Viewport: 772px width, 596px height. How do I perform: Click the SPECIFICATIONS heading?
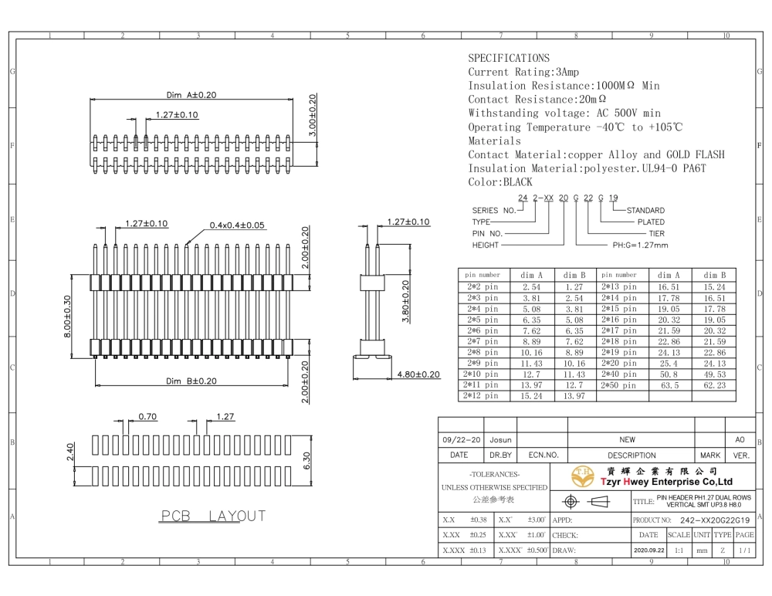pyautogui.click(x=509, y=58)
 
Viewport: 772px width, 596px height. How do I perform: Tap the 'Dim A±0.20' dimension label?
pyautogui.click(x=191, y=94)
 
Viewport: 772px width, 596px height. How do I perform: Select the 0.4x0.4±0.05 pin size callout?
pyautogui.click(x=237, y=225)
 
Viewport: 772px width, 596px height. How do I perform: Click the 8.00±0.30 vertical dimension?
pyautogui.click(x=67, y=317)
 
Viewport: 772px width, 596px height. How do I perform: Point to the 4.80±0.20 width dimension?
pyautogui.click(x=418, y=374)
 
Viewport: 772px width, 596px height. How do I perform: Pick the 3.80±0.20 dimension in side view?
pyautogui.click(x=405, y=301)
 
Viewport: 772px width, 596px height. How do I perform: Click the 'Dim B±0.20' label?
pyautogui.click(x=191, y=381)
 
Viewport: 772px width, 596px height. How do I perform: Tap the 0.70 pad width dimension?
pyautogui.click(x=147, y=416)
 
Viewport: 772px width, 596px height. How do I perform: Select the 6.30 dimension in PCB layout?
pyautogui.click(x=306, y=461)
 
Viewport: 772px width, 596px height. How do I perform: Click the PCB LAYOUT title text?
pyautogui.click(x=213, y=516)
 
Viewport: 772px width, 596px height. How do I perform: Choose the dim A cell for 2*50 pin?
pyautogui.click(x=669, y=385)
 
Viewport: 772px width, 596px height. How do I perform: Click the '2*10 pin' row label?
pyautogui.click(x=480, y=374)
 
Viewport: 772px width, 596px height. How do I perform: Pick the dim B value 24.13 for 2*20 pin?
pyautogui.click(x=714, y=364)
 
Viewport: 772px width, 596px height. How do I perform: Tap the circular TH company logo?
pyautogui.click(x=582, y=476)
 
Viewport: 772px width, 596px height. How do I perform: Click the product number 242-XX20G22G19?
pyautogui.click(x=715, y=520)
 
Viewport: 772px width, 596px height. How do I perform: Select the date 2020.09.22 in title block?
pyautogui.click(x=649, y=550)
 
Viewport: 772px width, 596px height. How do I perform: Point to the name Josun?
pyautogui.click(x=500, y=440)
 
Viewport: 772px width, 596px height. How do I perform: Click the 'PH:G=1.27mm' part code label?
pyautogui.click(x=640, y=245)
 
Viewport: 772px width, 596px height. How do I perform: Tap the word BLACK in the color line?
pyautogui.click(x=517, y=182)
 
